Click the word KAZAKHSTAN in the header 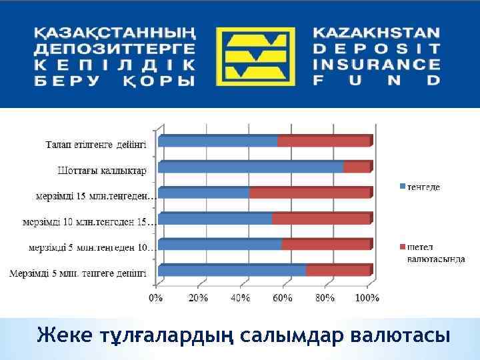click(377, 33)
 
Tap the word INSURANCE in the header click(377, 65)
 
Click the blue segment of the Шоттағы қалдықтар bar click(251, 167)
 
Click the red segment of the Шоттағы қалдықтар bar click(357, 167)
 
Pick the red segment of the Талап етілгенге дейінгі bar click(323, 141)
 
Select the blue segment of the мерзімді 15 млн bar click(204, 193)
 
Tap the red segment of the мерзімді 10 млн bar click(321, 219)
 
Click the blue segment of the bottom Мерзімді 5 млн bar click(232, 271)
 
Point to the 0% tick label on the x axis click(155, 298)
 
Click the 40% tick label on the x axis click(241, 298)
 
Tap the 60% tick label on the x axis click(283, 298)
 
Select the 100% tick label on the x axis click(367, 298)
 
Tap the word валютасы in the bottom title click(393, 334)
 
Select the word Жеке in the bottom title click(63, 334)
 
